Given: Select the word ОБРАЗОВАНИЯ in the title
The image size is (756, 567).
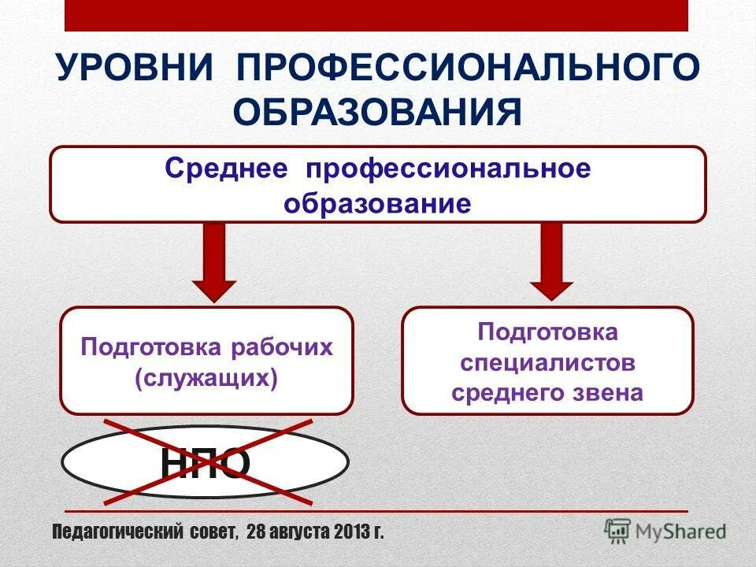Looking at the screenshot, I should tap(378, 113).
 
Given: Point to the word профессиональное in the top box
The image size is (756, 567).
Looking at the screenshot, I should tap(448, 169).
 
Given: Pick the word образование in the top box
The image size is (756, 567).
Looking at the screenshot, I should tap(378, 204).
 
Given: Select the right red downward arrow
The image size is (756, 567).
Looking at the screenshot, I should tap(551, 260).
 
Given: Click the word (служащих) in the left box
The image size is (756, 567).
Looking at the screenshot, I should tap(206, 379).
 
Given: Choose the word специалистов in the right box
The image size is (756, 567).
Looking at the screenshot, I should tap(548, 363).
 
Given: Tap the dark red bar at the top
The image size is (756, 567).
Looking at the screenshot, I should tap(376, 15).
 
